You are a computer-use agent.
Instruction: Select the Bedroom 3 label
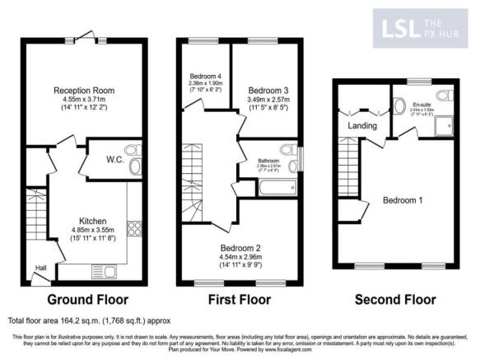click(x=265, y=90)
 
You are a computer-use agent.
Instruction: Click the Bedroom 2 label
click(x=238, y=245)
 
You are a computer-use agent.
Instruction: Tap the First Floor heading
click(x=239, y=299)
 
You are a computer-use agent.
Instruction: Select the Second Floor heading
click(x=397, y=299)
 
